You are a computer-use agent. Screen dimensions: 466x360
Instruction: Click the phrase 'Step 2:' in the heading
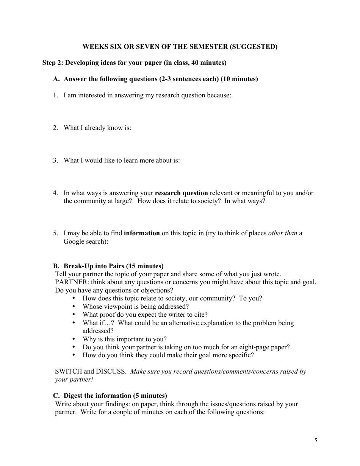53,63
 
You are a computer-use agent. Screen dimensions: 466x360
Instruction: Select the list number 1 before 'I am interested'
55,95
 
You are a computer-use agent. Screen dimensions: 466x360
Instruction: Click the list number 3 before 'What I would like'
55,160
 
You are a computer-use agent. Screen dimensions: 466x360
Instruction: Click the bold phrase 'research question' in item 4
181,193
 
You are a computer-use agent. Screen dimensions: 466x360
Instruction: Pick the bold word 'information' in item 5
142,233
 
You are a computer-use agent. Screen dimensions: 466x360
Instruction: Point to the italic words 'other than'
282,233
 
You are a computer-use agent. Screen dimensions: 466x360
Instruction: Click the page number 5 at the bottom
316,441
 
